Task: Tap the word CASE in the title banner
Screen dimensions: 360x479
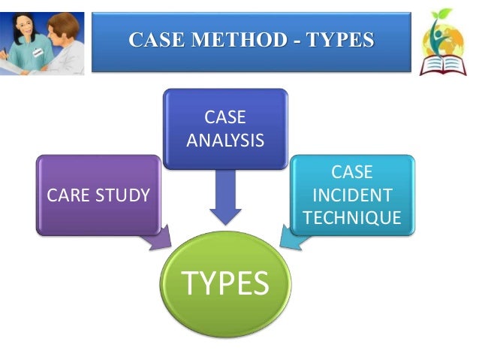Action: tap(155, 40)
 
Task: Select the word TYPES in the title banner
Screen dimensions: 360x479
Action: tap(340, 40)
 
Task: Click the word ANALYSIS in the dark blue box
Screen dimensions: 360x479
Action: tap(225, 140)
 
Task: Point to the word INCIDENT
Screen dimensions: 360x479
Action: tap(351, 195)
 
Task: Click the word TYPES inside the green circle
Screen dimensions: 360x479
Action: tap(226, 283)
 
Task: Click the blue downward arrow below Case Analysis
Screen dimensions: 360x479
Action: tap(225, 195)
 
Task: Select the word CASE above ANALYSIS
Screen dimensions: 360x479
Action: tap(225, 118)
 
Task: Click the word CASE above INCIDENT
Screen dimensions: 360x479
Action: tap(351, 172)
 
